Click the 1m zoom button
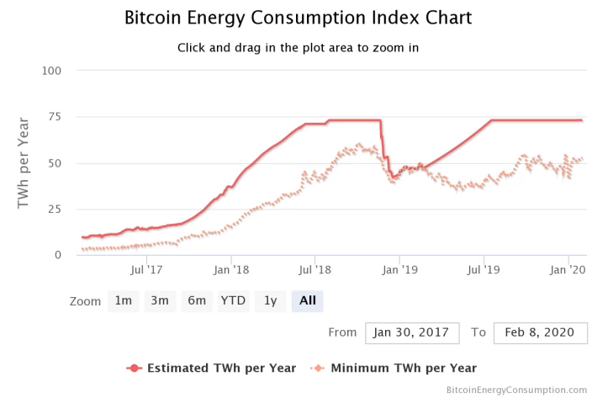[124, 301]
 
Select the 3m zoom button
[160, 301]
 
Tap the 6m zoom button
[197, 301]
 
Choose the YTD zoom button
[234, 301]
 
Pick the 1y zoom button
[270, 301]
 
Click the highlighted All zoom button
[307, 301]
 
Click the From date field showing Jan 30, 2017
[412, 333]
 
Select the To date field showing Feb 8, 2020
[541, 333]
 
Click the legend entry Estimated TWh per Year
[211, 369]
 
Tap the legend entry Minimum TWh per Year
[394, 369]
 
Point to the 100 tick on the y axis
[51, 71]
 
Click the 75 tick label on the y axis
[55, 117]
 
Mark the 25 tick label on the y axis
[55, 209]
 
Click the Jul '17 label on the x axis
[146, 270]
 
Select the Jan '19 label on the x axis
[399, 270]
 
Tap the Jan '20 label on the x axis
[568, 270]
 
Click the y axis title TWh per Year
[24, 163]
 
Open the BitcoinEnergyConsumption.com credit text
[516, 390]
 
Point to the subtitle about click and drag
[298, 48]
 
